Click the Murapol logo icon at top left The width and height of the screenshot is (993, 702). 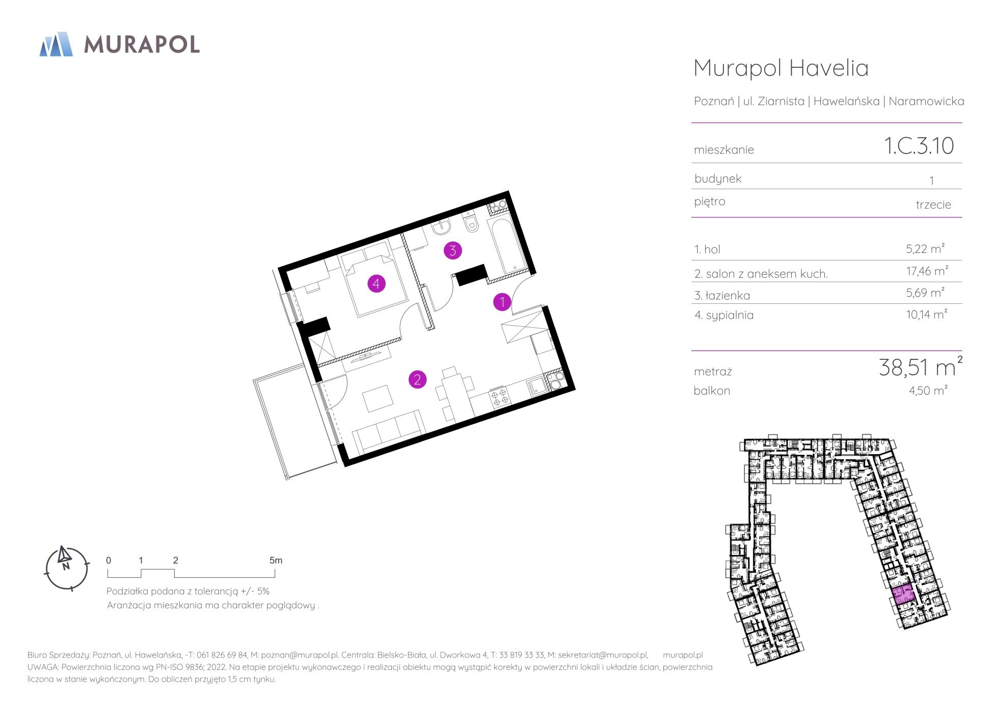(x=56, y=44)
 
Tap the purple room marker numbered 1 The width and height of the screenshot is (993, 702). (x=502, y=302)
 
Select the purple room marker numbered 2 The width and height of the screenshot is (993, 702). (x=417, y=379)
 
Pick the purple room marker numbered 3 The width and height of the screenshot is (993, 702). (x=452, y=250)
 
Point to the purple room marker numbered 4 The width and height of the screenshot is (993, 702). (x=376, y=283)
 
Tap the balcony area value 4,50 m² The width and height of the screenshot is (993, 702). (x=928, y=391)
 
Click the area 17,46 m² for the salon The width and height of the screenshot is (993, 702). (x=927, y=271)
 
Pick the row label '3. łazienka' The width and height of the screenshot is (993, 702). (x=722, y=296)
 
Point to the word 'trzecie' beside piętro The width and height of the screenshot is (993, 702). (x=933, y=205)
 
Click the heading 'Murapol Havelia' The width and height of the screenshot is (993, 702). (x=781, y=68)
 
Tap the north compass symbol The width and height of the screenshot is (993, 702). (x=67, y=568)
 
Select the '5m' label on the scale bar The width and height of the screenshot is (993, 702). (x=276, y=560)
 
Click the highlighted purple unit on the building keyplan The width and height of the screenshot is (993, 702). (x=903, y=595)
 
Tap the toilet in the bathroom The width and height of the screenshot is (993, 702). (x=471, y=223)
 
